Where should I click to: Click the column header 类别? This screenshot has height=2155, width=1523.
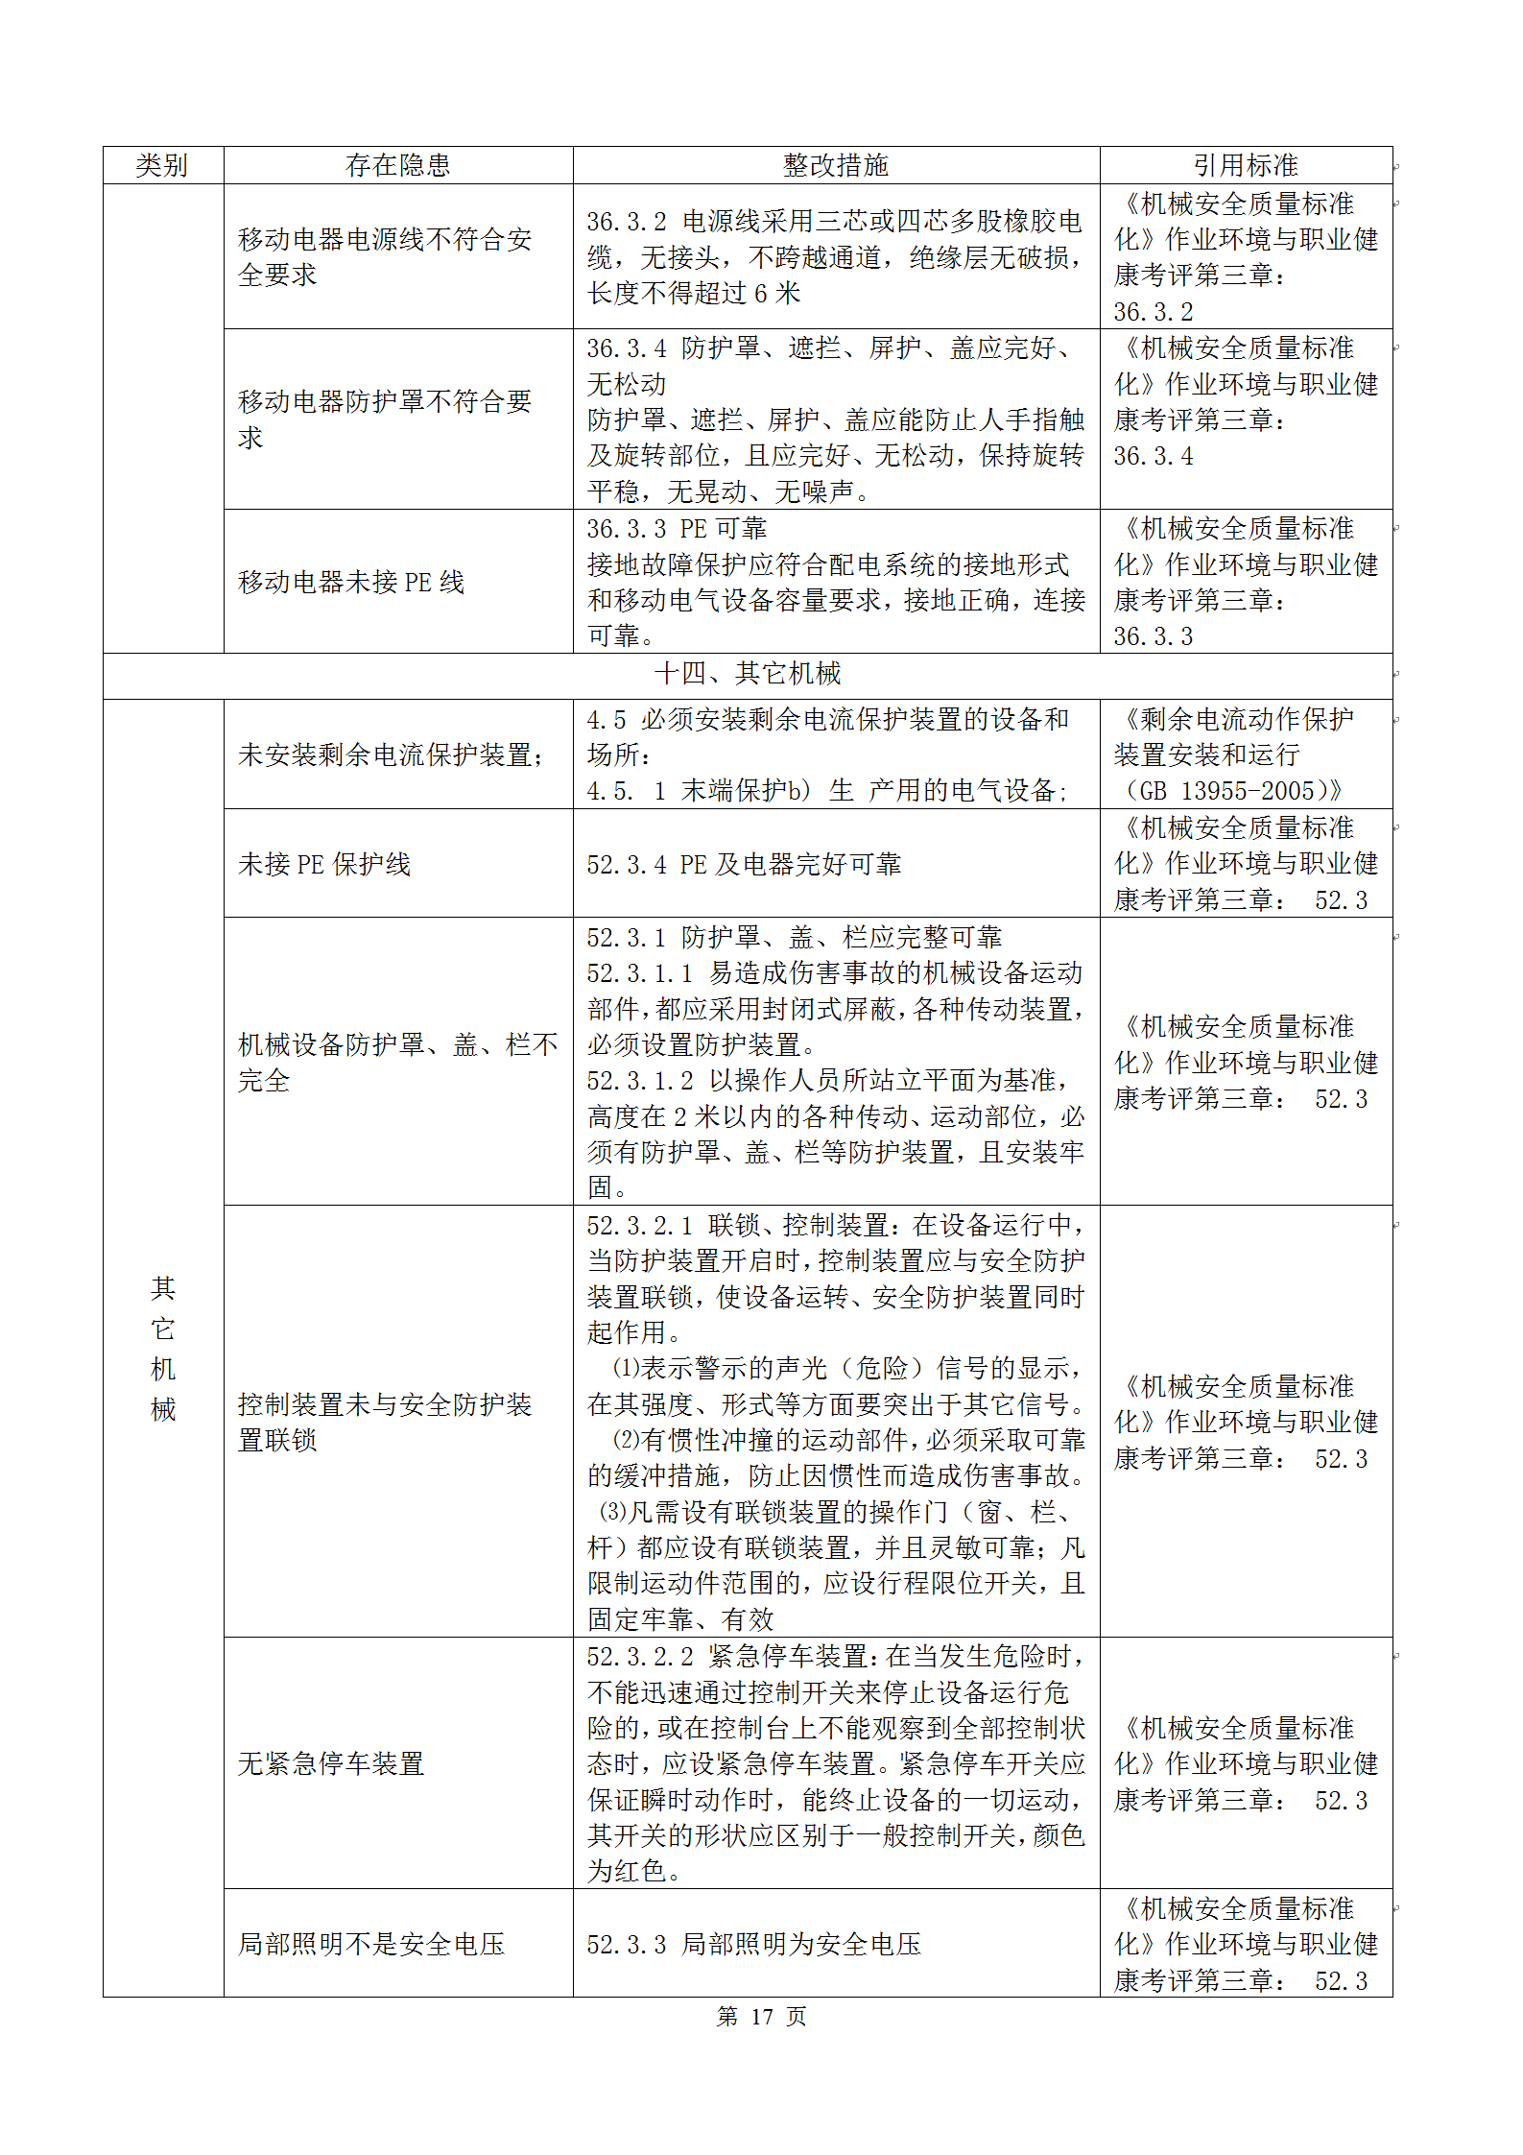pos(162,165)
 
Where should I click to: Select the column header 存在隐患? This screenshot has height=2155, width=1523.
pos(397,165)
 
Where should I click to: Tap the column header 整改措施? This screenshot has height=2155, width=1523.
pos(835,165)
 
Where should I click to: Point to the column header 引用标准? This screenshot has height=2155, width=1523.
pos(1245,165)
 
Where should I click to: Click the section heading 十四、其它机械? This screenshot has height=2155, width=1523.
pos(748,674)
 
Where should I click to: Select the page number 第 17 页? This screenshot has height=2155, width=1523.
pos(761,2017)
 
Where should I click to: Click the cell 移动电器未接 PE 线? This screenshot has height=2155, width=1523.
pos(351,582)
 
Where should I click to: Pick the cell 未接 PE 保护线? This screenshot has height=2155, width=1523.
pos(324,864)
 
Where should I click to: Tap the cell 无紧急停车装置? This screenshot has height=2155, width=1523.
pos(331,1763)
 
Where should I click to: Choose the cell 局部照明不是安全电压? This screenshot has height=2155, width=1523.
pos(371,1944)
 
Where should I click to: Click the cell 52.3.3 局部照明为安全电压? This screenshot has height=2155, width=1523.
pos(753,1944)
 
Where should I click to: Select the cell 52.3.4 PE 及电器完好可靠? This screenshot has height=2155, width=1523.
pos(744,864)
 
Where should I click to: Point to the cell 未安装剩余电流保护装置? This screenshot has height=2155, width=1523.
pos(391,754)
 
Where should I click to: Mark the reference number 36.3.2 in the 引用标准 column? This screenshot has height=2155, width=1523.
pos(1153,312)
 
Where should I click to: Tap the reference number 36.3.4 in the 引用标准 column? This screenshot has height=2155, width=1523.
pos(1153,456)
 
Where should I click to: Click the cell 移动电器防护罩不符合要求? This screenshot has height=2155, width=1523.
pos(384,419)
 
